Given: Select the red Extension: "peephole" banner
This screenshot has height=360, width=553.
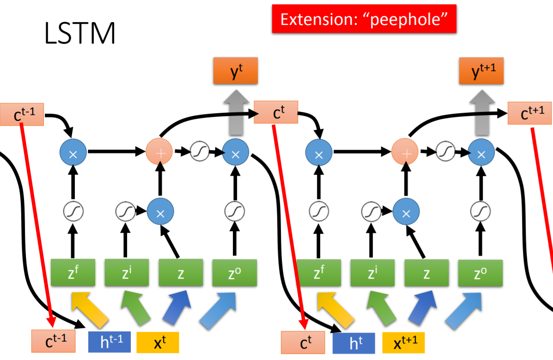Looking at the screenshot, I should click(x=364, y=19).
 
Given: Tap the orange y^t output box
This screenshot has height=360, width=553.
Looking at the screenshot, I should click(x=235, y=73).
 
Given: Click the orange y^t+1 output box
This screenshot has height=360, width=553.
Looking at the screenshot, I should click(x=480, y=73).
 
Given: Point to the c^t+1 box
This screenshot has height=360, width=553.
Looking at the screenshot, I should click(x=529, y=113).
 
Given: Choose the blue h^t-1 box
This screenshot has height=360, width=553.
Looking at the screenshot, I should click(x=109, y=342).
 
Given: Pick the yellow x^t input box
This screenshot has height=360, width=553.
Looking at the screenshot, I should click(x=157, y=342).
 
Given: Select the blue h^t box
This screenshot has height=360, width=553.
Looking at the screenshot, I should click(x=354, y=342).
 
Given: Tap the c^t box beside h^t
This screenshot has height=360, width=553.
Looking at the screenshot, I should click(x=303, y=342).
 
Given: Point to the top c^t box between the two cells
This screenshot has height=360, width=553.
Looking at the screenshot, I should click(x=276, y=112).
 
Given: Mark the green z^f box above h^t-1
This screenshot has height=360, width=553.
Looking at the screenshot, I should click(x=73, y=273).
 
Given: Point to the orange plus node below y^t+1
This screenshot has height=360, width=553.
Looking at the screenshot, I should click(x=405, y=151).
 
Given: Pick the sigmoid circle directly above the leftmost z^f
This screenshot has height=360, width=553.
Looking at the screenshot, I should click(x=73, y=212).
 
